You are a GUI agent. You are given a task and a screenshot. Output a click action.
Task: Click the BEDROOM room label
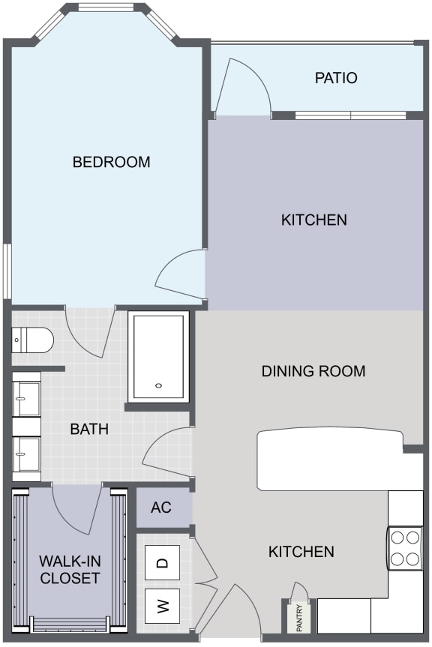click(x=111, y=162)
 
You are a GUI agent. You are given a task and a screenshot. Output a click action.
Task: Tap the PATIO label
click(x=335, y=78)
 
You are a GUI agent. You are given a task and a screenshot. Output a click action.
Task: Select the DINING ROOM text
click(x=313, y=371)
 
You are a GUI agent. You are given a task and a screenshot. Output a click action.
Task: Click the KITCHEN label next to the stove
click(x=301, y=552)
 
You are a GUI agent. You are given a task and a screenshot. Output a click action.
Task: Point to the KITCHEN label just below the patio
click(x=313, y=220)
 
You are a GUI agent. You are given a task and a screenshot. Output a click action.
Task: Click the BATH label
click(x=89, y=430)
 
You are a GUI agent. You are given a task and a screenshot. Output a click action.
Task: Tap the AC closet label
click(x=160, y=508)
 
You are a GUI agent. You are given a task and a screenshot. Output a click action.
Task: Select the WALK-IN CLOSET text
click(x=70, y=570)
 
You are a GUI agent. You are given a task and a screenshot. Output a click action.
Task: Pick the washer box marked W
click(x=163, y=606)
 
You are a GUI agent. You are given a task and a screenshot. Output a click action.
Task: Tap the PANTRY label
click(x=299, y=617)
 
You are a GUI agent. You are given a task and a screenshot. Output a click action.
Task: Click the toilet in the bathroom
click(x=33, y=342)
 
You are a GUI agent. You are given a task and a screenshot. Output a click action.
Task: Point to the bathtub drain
click(x=158, y=386)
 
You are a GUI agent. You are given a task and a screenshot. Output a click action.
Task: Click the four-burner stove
click(x=405, y=548)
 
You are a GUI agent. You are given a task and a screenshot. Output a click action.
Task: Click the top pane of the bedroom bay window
click(x=110, y=8)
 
